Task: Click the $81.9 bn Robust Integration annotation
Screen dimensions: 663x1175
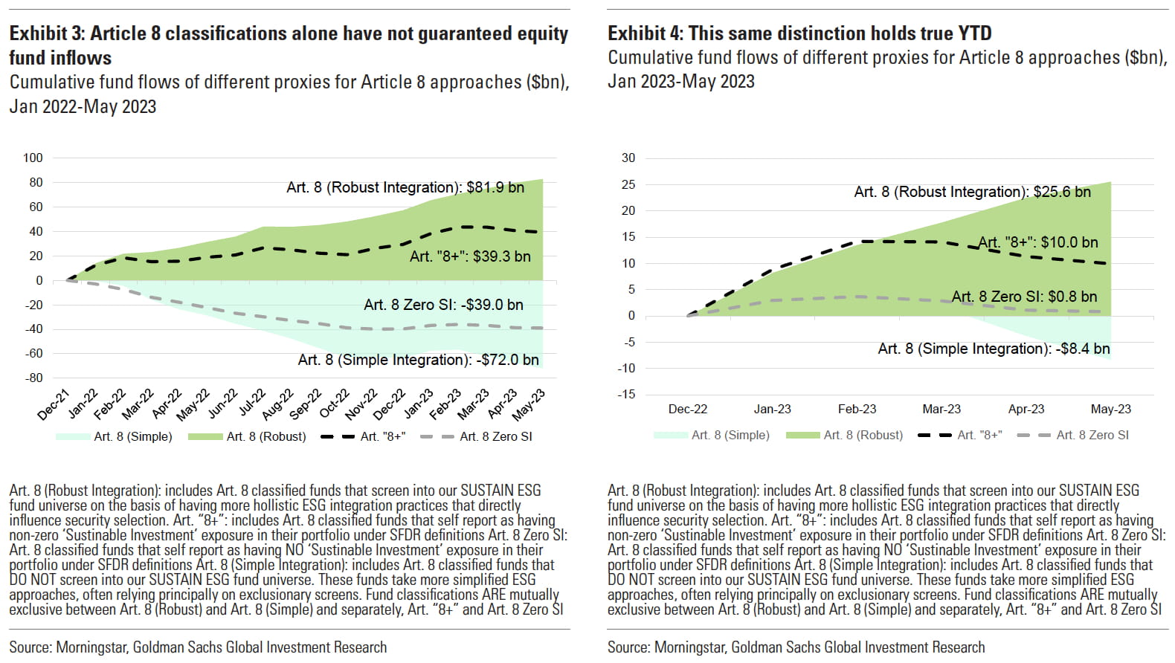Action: tap(405, 187)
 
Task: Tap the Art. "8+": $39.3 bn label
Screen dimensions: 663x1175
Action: tap(470, 256)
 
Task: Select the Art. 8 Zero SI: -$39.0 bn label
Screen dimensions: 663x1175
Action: tap(443, 305)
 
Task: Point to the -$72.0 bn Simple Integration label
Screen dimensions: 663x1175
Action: tap(418, 360)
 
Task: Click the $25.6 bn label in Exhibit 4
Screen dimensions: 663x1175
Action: tap(972, 192)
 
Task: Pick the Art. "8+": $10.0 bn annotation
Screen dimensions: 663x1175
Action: tap(1037, 242)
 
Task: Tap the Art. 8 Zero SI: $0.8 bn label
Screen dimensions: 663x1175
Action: tap(1024, 297)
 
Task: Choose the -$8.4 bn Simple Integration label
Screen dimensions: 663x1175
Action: tap(994, 349)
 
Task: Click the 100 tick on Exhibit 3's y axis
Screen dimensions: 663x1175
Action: tap(33, 158)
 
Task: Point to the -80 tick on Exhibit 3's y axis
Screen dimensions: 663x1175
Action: tap(35, 378)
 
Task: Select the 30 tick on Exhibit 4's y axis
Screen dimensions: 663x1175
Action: tap(628, 158)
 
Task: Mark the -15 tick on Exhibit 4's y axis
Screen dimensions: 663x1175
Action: tap(627, 394)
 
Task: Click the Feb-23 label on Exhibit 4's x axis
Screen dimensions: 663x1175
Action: tap(857, 409)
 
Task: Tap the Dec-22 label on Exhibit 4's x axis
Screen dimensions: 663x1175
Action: tap(688, 409)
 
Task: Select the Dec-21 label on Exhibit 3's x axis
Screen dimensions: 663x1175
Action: tap(54, 404)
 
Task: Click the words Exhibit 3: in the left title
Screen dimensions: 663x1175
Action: tap(47, 33)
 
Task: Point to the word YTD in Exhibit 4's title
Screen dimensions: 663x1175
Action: tap(972, 33)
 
